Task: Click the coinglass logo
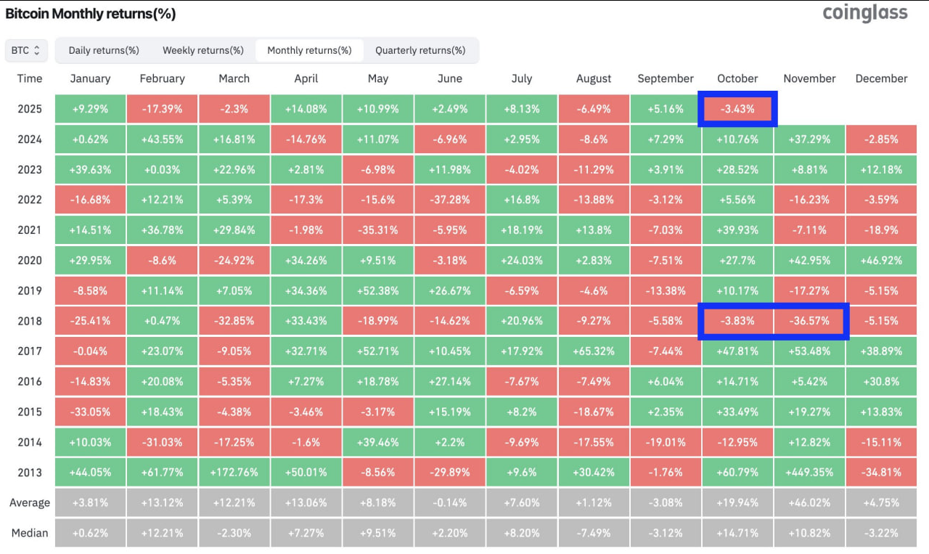pos(865,13)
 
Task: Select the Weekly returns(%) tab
pos(202,50)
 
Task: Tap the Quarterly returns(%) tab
pos(420,50)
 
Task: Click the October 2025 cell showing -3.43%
pos(737,109)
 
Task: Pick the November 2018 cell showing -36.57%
pos(809,321)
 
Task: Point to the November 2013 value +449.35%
pos(809,472)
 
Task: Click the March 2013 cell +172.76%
pos(234,472)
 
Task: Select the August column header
pos(594,78)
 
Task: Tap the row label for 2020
pos(30,260)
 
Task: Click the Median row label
pos(30,533)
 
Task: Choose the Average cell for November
pos(809,502)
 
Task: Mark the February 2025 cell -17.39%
pos(162,109)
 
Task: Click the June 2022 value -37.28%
pos(450,200)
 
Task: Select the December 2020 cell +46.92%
pos(881,260)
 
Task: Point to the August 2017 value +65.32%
pos(594,351)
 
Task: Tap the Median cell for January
pos(90,533)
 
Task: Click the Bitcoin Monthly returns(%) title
pos(91,14)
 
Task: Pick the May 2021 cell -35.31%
pos(378,230)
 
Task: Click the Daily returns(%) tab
pos(104,50)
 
